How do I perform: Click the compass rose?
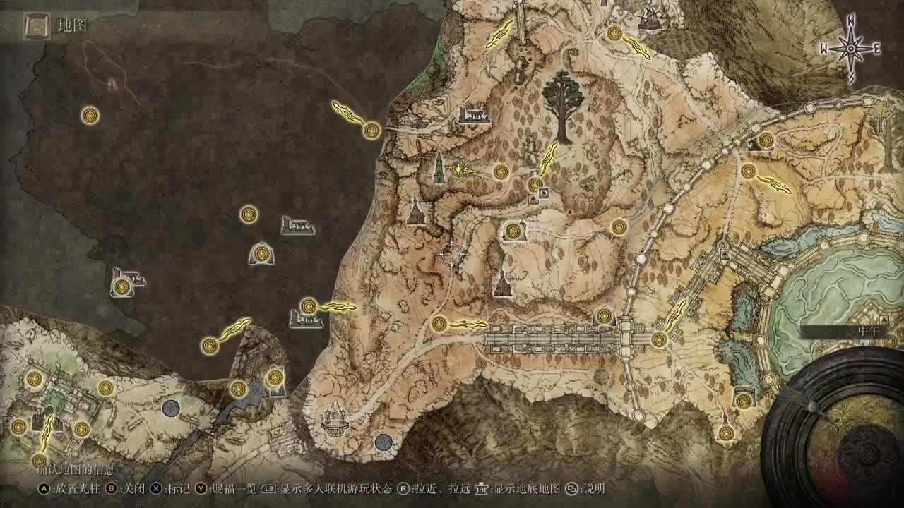(x=851, y=49)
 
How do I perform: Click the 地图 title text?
(x=72, y=26)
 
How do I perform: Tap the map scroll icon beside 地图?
(x=35, y=27)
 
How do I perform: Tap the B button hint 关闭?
(x=124, y=488)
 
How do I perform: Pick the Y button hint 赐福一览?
(x=225, y=488)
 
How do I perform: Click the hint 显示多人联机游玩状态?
(x=330, y=488)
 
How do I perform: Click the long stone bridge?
(x=558, y=339)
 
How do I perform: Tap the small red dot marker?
(x=570, y=211)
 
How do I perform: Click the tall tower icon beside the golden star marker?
(x=439, y=168)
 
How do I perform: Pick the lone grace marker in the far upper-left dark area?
(x=90, y=115)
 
